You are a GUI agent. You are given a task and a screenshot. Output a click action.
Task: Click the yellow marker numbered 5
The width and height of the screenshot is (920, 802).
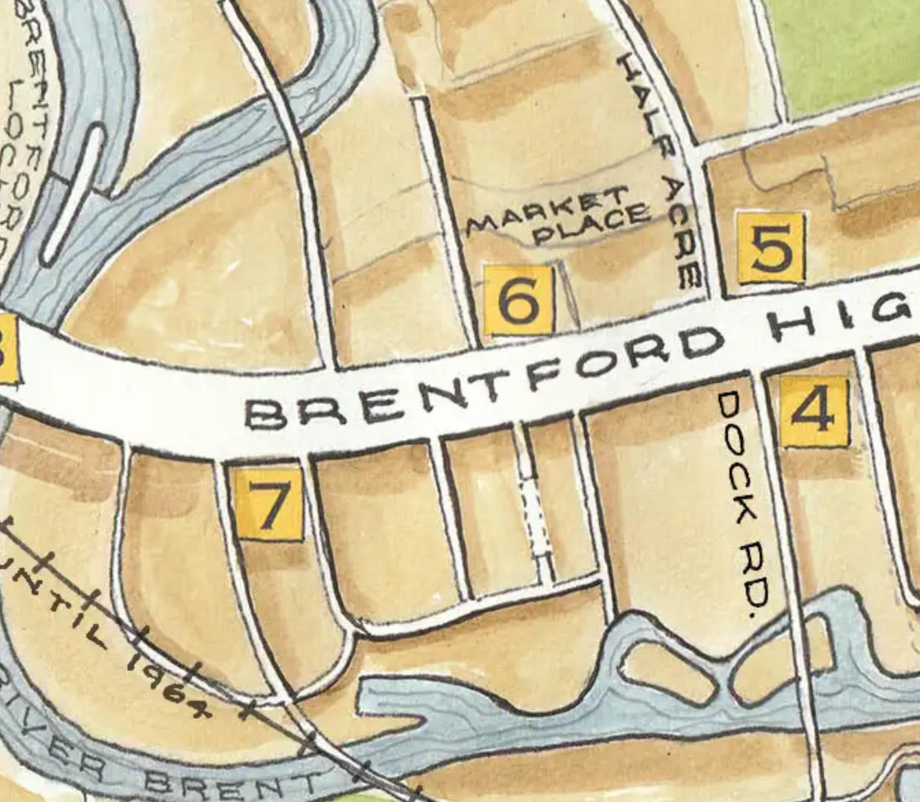pyautogui.click(x=771, y=248)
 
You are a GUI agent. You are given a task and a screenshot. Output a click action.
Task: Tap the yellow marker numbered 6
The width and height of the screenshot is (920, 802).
pyautogui.click(x=518, y=300)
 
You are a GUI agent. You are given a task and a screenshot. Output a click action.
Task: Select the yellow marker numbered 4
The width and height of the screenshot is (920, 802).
pyautogui.click(x=814, y=412)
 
